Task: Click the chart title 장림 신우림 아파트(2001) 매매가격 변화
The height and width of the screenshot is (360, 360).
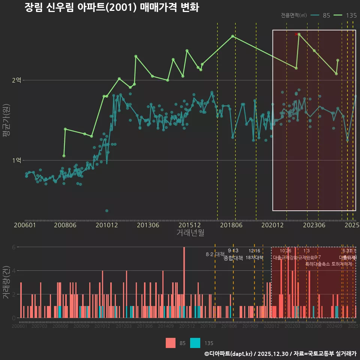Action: click(111, 8)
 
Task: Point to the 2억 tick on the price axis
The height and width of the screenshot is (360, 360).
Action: click(17, 80)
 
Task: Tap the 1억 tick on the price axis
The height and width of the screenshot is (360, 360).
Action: click(17, 160)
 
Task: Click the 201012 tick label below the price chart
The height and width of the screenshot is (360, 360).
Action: click(106, 225)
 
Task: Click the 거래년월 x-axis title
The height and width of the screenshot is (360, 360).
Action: click(190, 233)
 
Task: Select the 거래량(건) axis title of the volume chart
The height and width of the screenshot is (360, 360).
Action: click(6, 282)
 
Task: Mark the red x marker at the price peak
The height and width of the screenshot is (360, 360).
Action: click(296, 34)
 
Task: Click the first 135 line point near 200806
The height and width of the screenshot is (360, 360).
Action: click(64, 156)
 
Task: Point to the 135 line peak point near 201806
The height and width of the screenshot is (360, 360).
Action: click(232, 36)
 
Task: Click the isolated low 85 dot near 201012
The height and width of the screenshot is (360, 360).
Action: click(107, 211)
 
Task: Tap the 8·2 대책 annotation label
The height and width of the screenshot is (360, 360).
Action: click(215, 254)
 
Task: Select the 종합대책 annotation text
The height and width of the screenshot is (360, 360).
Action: click(233, 258)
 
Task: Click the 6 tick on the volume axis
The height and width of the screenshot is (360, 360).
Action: click(14, 247)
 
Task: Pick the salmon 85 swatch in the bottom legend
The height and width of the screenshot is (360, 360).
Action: click(171, 343)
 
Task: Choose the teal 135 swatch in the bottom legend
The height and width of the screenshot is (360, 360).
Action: click(195, 343)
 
